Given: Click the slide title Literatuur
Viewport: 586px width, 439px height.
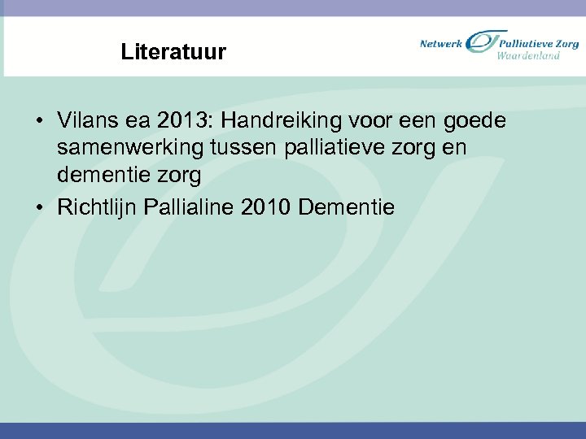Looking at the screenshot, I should tap(173, 53).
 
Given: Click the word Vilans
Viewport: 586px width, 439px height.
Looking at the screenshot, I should tap(85, 121).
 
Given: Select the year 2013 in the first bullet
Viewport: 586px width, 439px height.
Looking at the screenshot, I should tap(183, 121).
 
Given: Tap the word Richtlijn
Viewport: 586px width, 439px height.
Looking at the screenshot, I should tap(97, 207).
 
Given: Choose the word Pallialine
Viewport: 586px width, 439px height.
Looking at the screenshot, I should tap(189, 207).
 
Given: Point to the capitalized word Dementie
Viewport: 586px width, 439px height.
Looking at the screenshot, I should tap(346, 207).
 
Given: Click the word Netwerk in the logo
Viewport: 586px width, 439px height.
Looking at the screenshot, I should tap(441, 43).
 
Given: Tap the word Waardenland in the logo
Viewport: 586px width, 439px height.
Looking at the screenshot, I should tap(529, 56).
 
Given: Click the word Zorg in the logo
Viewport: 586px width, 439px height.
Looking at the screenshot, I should tap(567, 43).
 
